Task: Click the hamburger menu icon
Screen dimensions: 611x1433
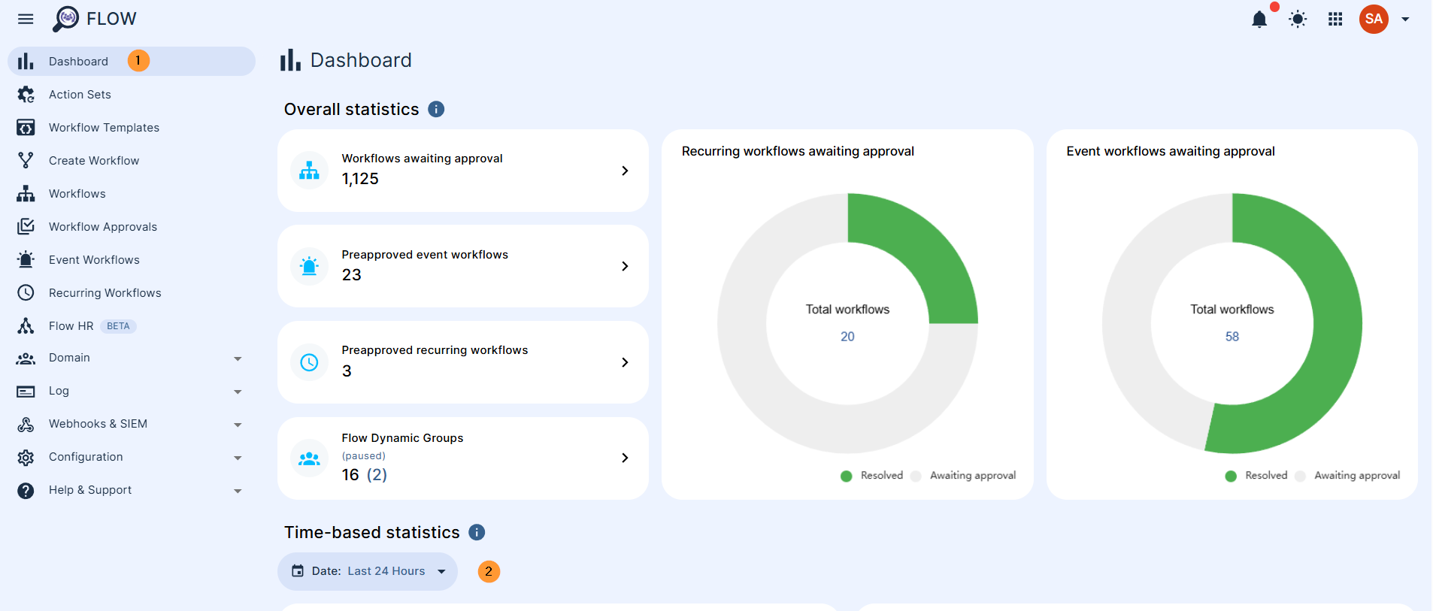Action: coord(26,19)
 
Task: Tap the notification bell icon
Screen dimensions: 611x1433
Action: coord(1259,20)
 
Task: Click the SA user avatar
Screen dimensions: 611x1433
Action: coord(1374,20)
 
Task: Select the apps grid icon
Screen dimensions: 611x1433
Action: coord(1335,20)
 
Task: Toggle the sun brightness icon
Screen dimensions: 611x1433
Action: coord(1298,20)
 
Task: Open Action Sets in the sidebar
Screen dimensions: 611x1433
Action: coord(80,95)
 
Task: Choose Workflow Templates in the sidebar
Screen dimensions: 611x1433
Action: coord(104,128)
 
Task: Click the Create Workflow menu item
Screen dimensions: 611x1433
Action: coord(94,161)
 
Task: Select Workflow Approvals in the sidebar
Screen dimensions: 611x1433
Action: coord(103,227)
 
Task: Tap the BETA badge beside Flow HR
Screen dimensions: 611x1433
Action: coord(118,326)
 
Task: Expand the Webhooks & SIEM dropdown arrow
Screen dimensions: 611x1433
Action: coord(238,425)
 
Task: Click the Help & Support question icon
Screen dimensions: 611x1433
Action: coord(26,491)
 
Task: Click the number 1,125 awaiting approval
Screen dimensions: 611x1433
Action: coord(360,179)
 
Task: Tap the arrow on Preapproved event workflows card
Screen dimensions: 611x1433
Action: coord(625,266)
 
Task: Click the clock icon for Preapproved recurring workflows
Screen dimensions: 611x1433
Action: coord(309,362)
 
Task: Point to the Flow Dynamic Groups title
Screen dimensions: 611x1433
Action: coord(402,438)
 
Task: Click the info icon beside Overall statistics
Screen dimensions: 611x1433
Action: coord(436,110)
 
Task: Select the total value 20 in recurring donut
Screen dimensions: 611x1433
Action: coord(847,337)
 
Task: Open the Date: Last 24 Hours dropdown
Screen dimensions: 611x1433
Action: coord(368,571)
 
